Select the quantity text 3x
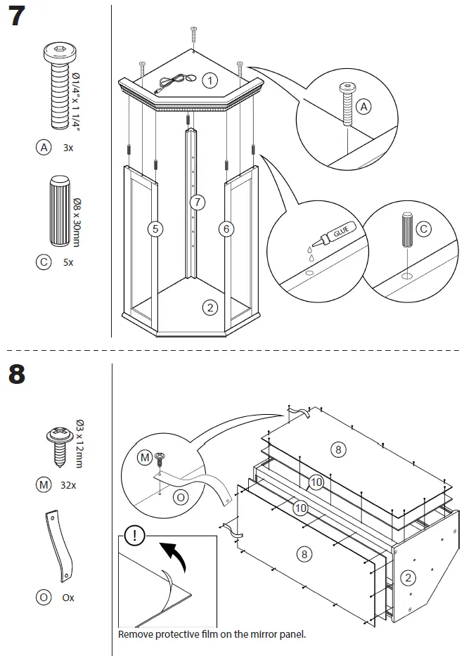coord(68,148)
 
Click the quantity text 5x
coord(68,262)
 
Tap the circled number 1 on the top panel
coord(210,80)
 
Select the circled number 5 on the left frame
coord(155,229)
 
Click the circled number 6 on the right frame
coord(226,229)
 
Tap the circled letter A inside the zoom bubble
coord(363,107)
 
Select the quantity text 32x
coord(68,485)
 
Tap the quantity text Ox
coord(68,598)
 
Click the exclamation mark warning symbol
coord(135,536)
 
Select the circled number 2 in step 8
coord(408,578)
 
